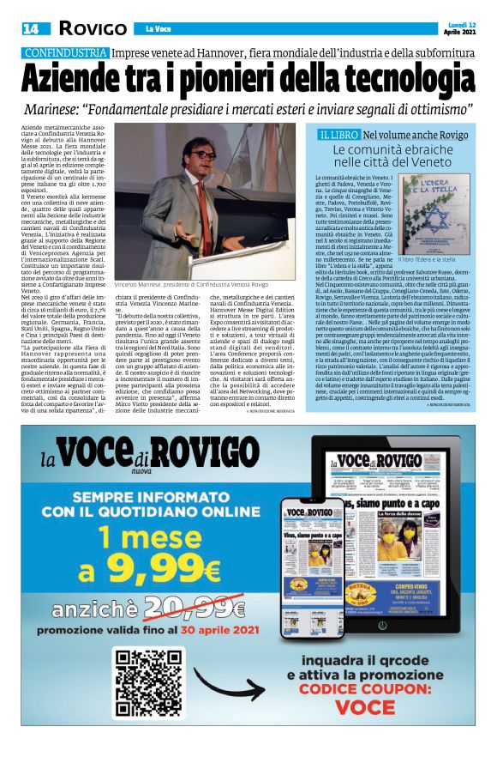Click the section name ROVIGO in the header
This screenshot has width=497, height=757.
93,29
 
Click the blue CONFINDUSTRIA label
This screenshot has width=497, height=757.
65,52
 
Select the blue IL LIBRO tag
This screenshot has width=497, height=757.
336,135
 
